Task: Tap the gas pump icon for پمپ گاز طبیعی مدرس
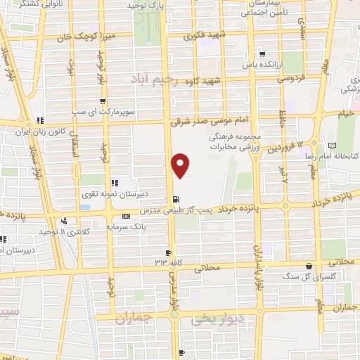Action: coord(175,198)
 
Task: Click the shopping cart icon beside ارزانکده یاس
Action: coord(262,53)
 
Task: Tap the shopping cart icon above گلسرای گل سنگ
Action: coord(309,266)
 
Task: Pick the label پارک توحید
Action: coord(146,6)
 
